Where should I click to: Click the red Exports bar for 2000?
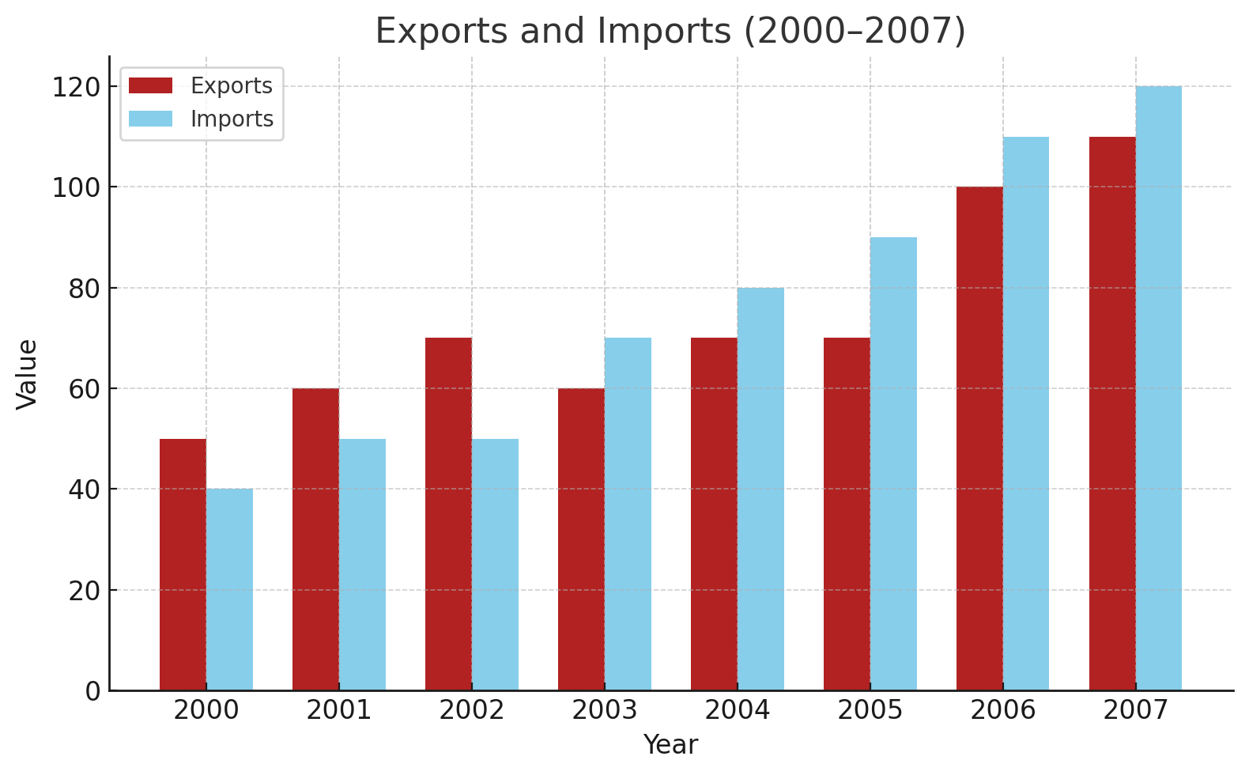tap(183, 565)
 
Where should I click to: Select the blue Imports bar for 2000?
tap(229, 589)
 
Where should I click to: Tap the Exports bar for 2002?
tap(448, 514)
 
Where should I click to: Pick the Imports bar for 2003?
tap(628, 514)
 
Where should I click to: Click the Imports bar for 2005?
tap(893, 463)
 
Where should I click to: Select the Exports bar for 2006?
tap(979, 438)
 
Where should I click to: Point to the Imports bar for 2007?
tap(1159, 388)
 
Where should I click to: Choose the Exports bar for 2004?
tap(714, 514)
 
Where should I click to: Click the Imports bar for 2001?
tap(362, 565)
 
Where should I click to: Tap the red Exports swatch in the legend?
tap(150, 85)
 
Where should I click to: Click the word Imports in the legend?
tap(232, 119)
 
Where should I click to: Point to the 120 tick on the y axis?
tap(77, 87)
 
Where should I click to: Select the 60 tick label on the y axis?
tap(85, 389)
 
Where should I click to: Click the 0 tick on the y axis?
tap(93, 691)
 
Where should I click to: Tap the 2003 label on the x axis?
tap(605, 711)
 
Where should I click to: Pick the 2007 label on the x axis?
tap(1136, 711)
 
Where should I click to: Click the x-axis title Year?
tap(670, 745)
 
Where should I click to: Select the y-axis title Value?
tap(28, 374)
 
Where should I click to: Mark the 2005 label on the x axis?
tap(870, 711)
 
